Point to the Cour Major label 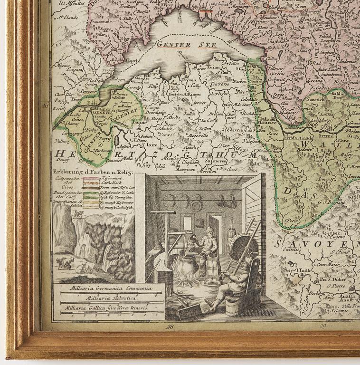329,265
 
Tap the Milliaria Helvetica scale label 107,298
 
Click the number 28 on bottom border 170,326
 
